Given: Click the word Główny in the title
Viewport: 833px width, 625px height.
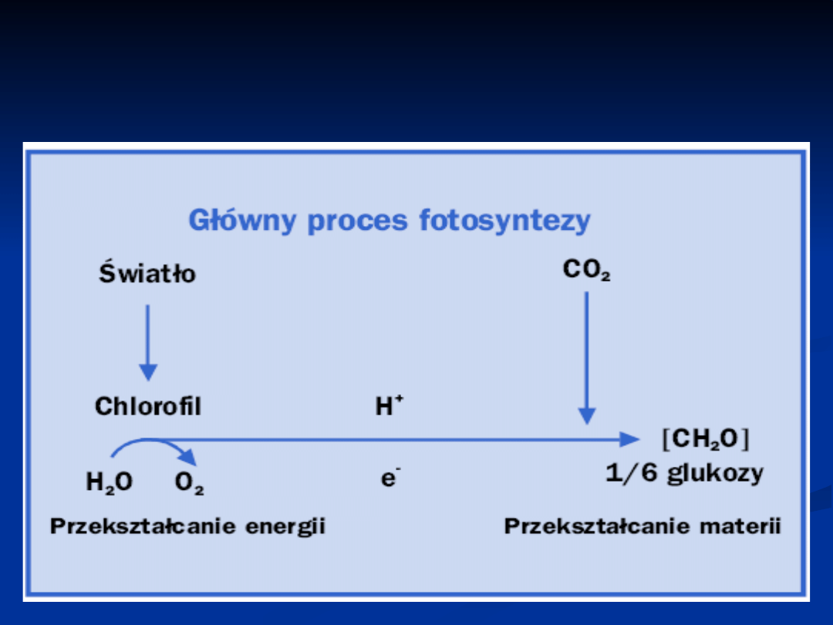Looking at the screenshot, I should pyautogui.click(x=242, y=221).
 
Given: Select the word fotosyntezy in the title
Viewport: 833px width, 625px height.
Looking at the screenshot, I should pyautogui.click(x=504, y=221).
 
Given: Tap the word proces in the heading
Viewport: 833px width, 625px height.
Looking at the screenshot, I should pyautogui.click(x=358, y=221).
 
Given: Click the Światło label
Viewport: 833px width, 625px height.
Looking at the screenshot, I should pyautogui.click(x=147, y=272).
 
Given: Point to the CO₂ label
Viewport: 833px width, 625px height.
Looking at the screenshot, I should pyautogui.click(x=586, y=271).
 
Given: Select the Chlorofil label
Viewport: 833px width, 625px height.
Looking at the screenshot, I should pyautogui.click(x=147, y=406).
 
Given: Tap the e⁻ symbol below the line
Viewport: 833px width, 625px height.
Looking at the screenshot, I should pyautogui.click(x=390, y=478).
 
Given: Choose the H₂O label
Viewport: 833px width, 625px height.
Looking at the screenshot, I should pyautogui.click(x=109, y=483).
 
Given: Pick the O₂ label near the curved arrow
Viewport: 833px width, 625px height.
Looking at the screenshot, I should pyautogui.click(x=189, y=484).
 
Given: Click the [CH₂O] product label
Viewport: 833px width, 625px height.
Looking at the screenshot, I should pyautogui.click(x=706, y=439).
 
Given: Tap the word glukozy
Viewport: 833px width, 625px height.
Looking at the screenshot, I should pyautogui.click(x=715, y=474).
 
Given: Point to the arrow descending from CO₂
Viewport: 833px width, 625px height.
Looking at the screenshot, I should pyautogui.click(x=587, y=355).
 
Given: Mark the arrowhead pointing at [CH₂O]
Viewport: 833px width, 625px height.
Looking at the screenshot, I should pyautogui.click(x=631, y=439).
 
